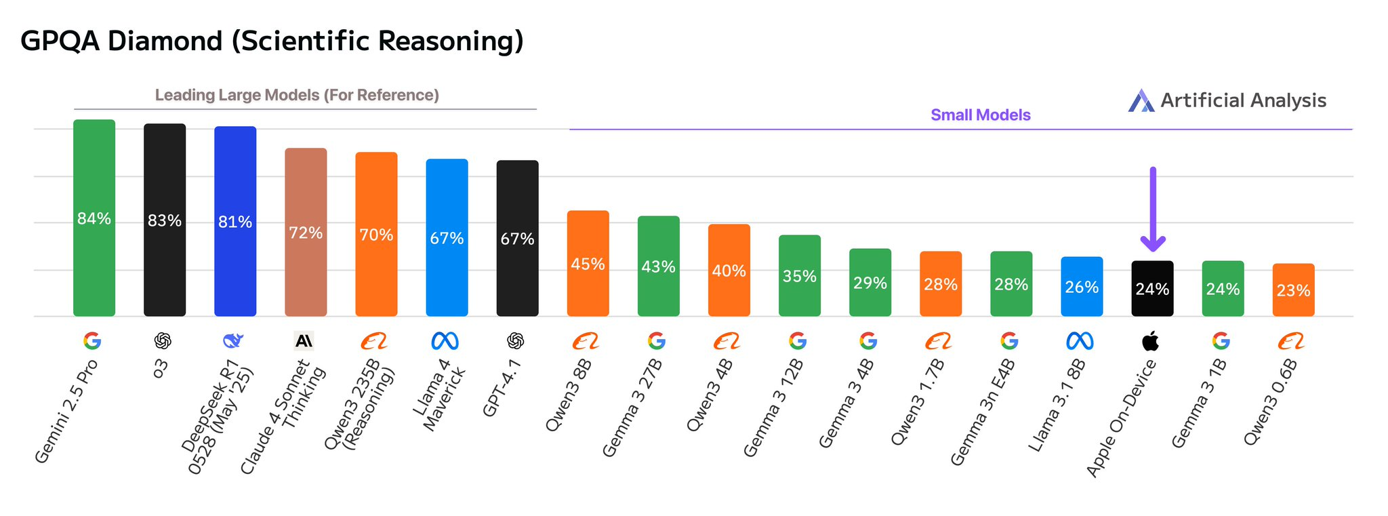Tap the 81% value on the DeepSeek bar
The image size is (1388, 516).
(x=235, y=222)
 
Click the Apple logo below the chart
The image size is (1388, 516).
(x=1150, y=340)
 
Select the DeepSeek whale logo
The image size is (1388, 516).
(x=233, y=340)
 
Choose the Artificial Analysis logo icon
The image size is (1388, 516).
(x=1141, y=101)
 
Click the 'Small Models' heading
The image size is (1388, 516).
(x=980, y=115)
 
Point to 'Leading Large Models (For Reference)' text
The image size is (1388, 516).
(x=297, y=96)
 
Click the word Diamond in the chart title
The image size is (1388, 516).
(x=165, y=41)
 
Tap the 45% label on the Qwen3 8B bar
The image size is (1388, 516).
(x=588, y=264)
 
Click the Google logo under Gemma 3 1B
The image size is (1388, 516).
(x=1221, y=340)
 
